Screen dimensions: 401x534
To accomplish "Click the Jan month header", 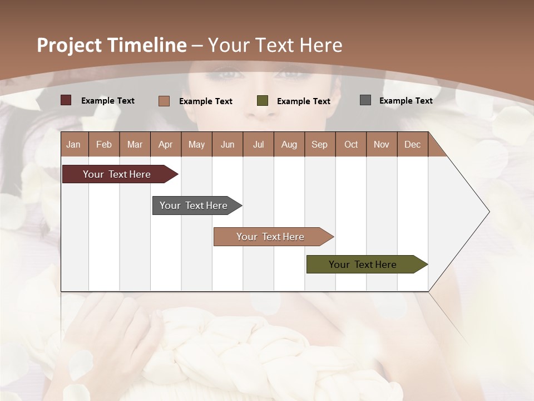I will (73, 144).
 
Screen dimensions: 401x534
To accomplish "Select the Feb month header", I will (104, 144).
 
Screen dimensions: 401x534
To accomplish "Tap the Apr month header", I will (166, 144).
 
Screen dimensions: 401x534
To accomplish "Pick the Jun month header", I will (228, 144).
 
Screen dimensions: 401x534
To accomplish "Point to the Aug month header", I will (289, 144).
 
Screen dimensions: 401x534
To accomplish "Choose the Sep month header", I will (320, 144).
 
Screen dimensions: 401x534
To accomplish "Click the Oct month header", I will (351, 144).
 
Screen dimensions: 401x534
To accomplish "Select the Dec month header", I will (413, 144).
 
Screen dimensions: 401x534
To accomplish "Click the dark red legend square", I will (66, 100).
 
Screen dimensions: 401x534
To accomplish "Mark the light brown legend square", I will (164, 101).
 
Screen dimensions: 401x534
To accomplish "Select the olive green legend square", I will (263, 101).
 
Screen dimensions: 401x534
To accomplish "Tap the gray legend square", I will (365, 100).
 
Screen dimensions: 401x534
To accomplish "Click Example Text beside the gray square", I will (406, 101).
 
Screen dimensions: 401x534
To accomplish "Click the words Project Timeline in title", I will (112, 45).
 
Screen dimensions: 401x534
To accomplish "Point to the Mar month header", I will (135, 144).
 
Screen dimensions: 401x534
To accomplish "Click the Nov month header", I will (382, 144).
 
